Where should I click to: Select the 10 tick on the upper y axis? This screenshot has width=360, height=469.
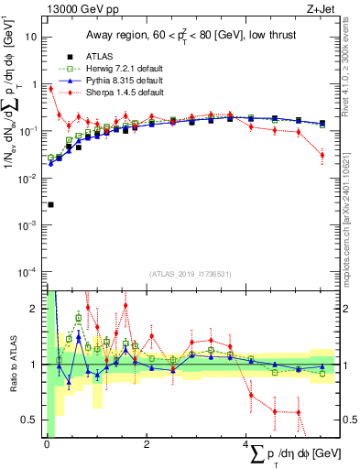point(32,38)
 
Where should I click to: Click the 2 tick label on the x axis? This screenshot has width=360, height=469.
point(147,444)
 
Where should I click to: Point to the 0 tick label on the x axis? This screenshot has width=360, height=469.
point(47,444)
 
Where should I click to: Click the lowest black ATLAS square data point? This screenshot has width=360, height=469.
point(50,204)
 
